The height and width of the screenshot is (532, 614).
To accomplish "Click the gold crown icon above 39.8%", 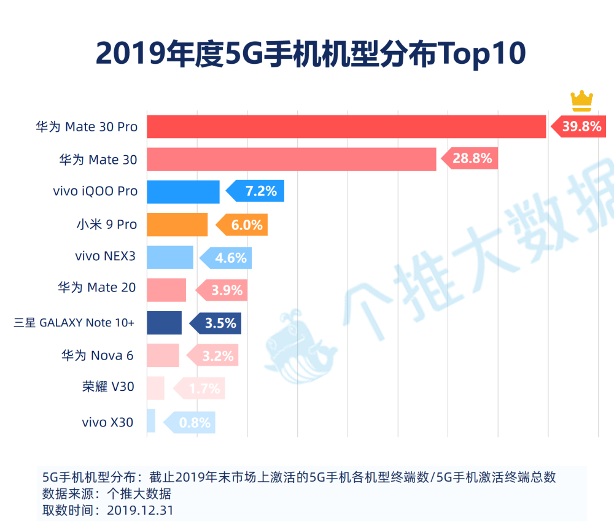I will (x=581, y=101).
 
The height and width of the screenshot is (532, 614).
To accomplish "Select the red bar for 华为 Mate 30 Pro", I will (x=346, y=126).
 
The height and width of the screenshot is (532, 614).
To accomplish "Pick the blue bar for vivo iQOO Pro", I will (x=183, y=192).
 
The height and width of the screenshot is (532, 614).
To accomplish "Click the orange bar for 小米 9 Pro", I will (x=177, y=225).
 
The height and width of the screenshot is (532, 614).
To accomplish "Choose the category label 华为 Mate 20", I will (x=97, y=287).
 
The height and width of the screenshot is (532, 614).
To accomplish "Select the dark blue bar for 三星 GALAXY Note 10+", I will (x=164, y=323).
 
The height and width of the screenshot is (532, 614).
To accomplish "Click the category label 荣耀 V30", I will (x=108, y=387).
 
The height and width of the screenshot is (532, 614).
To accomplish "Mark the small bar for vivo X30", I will (x=151, y=421).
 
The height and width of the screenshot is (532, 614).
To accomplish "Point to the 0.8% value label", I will (x=193, y=423).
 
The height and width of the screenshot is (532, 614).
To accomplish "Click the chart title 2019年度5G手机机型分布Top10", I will (x=311, y=55).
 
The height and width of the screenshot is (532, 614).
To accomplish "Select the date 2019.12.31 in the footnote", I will (x=140, y=510).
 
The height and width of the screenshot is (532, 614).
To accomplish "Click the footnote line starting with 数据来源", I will (x=107, y=494).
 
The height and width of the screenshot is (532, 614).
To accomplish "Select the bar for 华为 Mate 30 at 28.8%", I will (x=291, y=159).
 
